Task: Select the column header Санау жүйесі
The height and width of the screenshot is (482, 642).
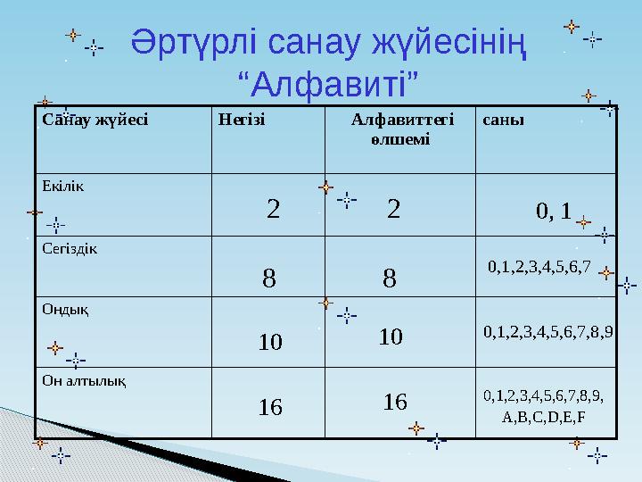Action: pos(94,118)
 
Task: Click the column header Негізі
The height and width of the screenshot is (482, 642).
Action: pos(242,118)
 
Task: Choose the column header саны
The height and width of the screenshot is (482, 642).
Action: pos(504,118)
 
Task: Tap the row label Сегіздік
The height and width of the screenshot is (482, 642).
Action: pos(70,247)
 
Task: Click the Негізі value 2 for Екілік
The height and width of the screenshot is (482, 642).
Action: pos(274,210)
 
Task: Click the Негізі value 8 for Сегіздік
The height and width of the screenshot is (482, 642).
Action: pos(268,279)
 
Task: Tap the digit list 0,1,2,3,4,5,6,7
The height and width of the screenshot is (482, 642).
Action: pos(539,266)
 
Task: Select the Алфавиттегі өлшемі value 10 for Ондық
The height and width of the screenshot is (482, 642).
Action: pos(391,337)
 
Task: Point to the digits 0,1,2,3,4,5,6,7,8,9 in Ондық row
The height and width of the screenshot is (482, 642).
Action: pos(548,333)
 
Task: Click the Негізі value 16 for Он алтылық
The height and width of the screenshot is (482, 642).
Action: pos(270,408)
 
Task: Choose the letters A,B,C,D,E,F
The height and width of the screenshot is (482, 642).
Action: pos(544,417)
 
